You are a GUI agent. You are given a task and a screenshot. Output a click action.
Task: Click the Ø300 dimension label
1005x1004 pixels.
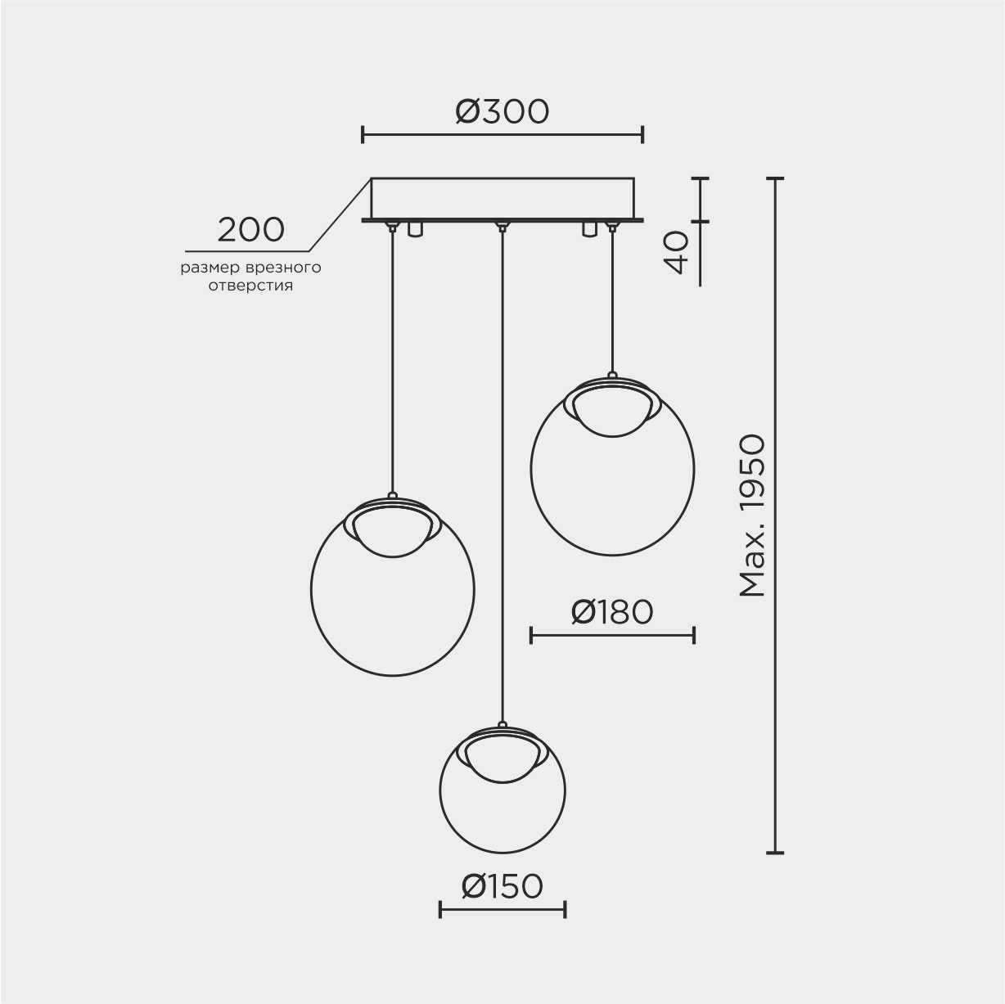502,111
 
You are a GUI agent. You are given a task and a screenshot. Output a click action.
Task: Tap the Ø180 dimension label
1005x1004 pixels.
612,611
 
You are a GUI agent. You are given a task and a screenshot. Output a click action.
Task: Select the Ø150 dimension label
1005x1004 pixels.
502,886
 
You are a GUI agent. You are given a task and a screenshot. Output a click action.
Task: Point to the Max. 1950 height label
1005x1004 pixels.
752,516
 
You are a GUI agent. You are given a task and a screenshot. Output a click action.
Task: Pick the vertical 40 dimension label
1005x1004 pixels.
677,253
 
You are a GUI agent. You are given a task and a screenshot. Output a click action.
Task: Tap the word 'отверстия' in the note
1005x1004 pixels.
250,286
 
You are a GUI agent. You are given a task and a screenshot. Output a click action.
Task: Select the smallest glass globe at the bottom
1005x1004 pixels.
502,793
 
